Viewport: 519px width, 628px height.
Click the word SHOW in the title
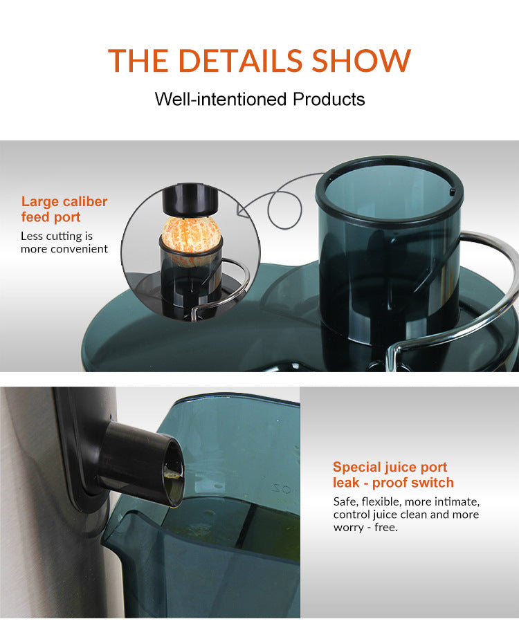pos(361,61)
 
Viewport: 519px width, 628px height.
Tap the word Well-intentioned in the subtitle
pos(221,99)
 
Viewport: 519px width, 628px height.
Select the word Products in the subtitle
pos(329,99)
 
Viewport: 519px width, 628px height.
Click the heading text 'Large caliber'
pos(64,202)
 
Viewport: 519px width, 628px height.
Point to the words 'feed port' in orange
pos(51,217)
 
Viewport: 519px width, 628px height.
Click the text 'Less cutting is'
pos(56,237)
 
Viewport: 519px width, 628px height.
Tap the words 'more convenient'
pos(64,249)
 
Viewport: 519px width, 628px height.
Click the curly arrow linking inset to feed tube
pos(277,201)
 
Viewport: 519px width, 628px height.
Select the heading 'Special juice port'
pos(390,468)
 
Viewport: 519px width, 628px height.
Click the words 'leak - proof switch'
pos(393,483)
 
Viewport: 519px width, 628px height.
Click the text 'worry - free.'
pos(365,527)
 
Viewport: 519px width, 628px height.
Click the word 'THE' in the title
pos(138,61)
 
